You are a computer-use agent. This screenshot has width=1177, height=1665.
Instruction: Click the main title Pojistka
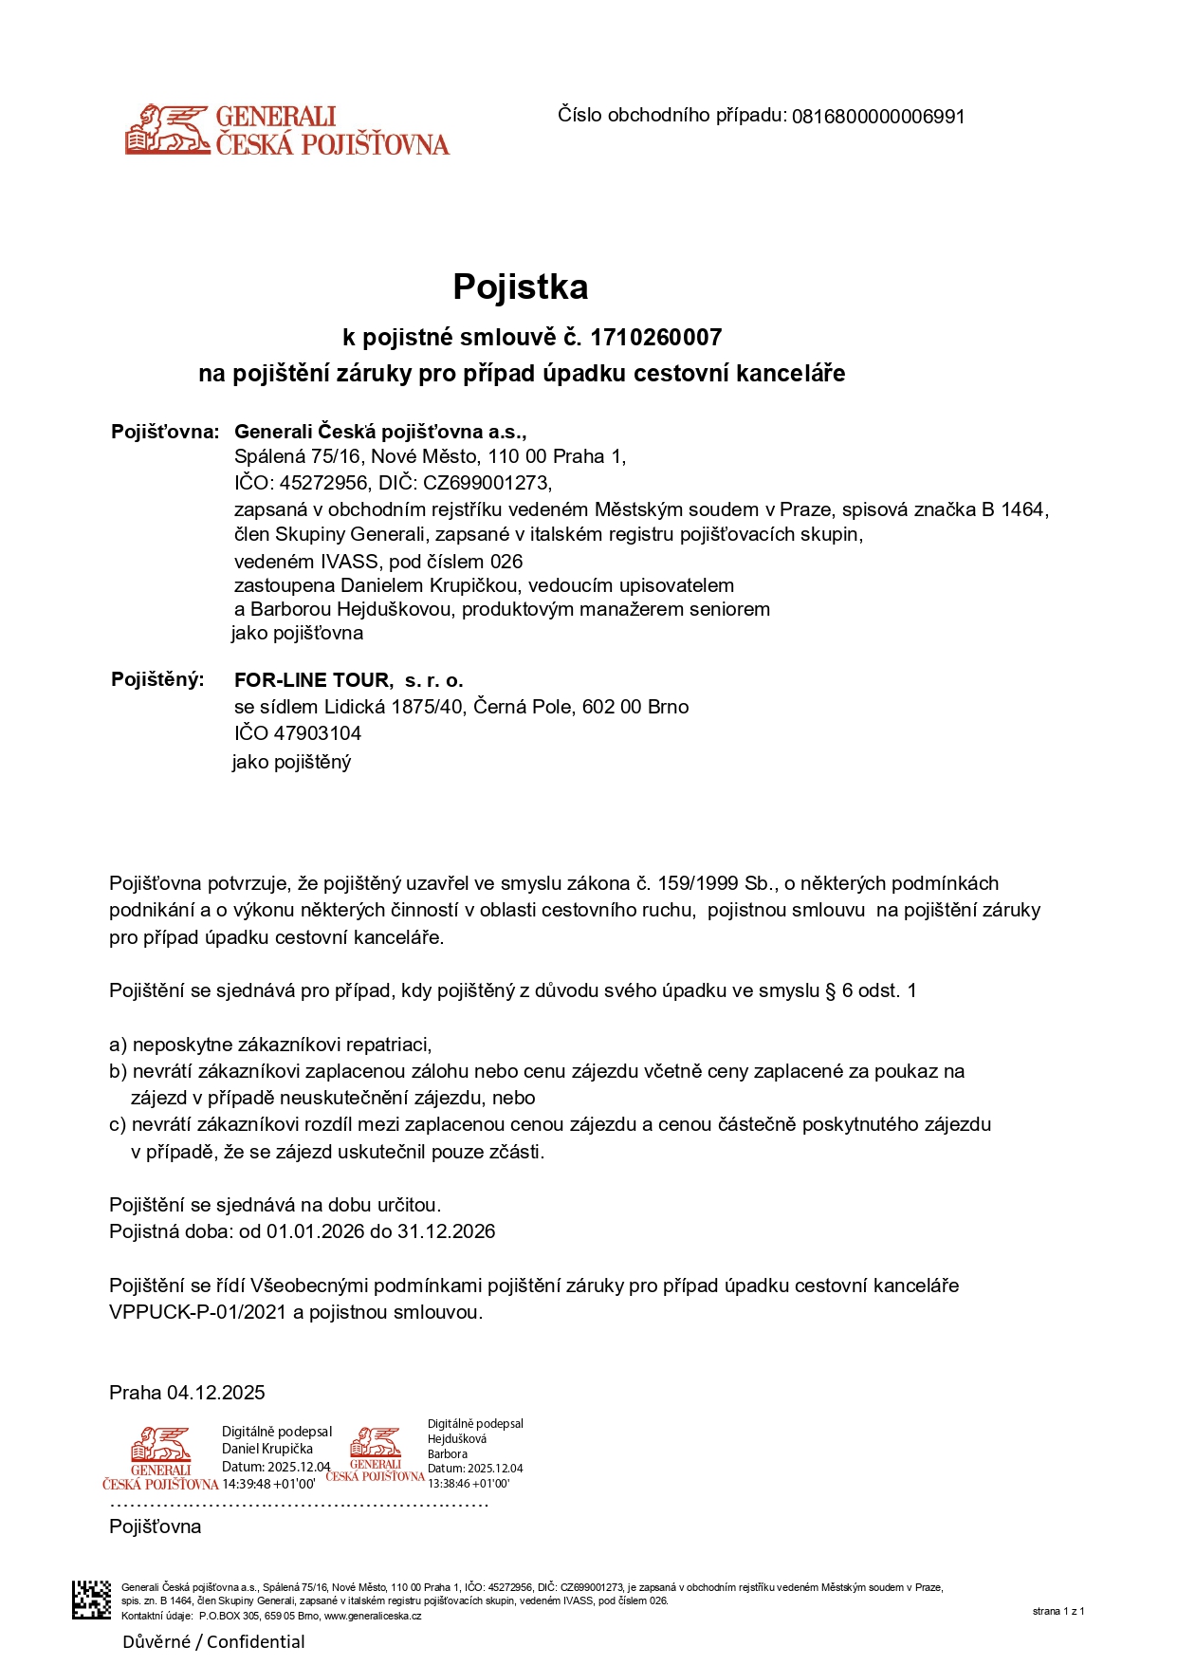click(520, 287)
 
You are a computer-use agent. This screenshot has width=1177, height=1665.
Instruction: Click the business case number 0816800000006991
click(877, 117)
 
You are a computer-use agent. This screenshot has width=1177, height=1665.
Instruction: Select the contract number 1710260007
click(655, 338)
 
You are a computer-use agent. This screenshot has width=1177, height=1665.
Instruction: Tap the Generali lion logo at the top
click(168, 129)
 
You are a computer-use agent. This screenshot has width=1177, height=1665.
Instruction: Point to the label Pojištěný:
click(157, 679)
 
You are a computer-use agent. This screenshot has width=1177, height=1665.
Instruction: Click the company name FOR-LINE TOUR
click(312, 680)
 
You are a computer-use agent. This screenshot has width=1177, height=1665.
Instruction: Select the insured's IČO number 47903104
click(317, 733)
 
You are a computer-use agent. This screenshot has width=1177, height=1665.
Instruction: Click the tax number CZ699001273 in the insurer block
click(486, 482)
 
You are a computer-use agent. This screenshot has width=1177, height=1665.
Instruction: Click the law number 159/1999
click(700, 883)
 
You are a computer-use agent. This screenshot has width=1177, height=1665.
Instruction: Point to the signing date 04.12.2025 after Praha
click(215, 1393)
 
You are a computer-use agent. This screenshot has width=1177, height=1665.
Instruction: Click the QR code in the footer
click(92, 1600)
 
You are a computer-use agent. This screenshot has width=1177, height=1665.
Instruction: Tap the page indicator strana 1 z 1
click(1057, 1611)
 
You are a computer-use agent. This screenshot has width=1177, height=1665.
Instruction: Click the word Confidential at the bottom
click(256, 1642)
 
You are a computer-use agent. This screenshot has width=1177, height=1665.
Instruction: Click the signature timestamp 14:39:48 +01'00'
click(268, 1484)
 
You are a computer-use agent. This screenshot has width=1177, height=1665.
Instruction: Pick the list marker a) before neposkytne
click(118, 1045)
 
